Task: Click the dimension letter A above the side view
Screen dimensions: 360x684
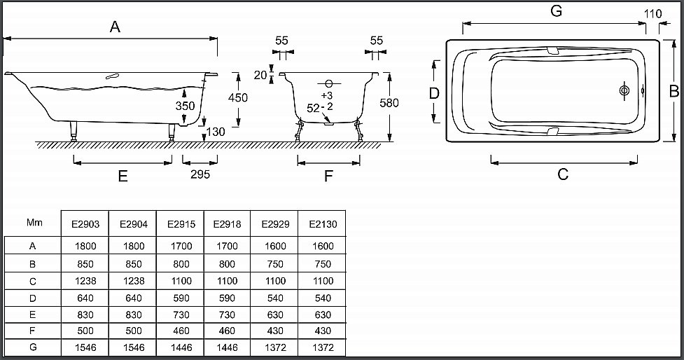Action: tap(116, 27)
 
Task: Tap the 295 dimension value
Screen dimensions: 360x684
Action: tap(200, 174)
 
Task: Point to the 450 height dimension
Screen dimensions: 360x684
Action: tap(238, 98)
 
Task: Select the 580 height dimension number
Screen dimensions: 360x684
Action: tap(389, 103)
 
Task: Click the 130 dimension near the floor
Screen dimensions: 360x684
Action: tap(216, 132)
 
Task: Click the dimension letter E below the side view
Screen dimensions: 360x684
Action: tap(123, 176)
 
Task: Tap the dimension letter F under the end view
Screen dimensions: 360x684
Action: tap(328, 176)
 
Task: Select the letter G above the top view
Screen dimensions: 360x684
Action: tap(557, 11)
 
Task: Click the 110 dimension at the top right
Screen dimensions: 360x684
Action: tap(652, 14)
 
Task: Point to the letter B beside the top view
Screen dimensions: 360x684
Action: tap(673, 91)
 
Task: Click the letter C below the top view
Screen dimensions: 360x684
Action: tap(563, 174)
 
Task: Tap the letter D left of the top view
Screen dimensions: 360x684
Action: tap(434, 93)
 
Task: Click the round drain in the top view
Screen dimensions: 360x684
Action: tap(624, 91)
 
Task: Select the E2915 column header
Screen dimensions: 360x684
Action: tap(180, 225)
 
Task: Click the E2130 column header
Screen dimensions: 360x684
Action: tap(323, 225)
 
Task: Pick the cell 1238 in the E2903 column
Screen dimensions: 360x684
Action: tap(85, 280)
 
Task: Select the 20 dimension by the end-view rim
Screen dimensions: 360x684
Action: tap(260, 75)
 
